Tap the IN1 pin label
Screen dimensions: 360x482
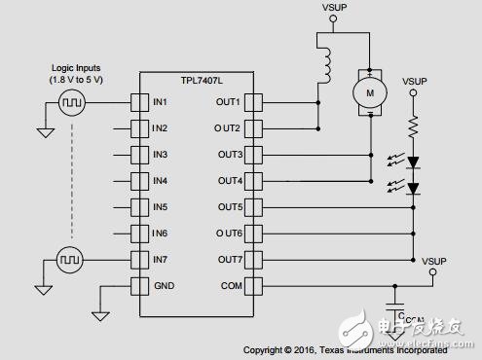tap(161, 102)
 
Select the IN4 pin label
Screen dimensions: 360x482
tap(161, 180)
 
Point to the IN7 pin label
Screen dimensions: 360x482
tap(161, 259)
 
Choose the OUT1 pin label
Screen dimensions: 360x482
tap(229, 102)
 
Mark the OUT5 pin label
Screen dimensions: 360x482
tap(229, 206)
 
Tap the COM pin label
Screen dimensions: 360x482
tap(231, 285)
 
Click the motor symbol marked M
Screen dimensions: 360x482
tap(370, 91)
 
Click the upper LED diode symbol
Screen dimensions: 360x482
tap(413, 162)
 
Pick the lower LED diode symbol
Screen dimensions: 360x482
tap(413, 188)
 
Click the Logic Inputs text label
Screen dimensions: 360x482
tap(73, 68)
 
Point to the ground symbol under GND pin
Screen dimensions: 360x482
tap(100, 314)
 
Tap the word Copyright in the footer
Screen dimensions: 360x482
tap(266, 348)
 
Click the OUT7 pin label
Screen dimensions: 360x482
tap(229, 259)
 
